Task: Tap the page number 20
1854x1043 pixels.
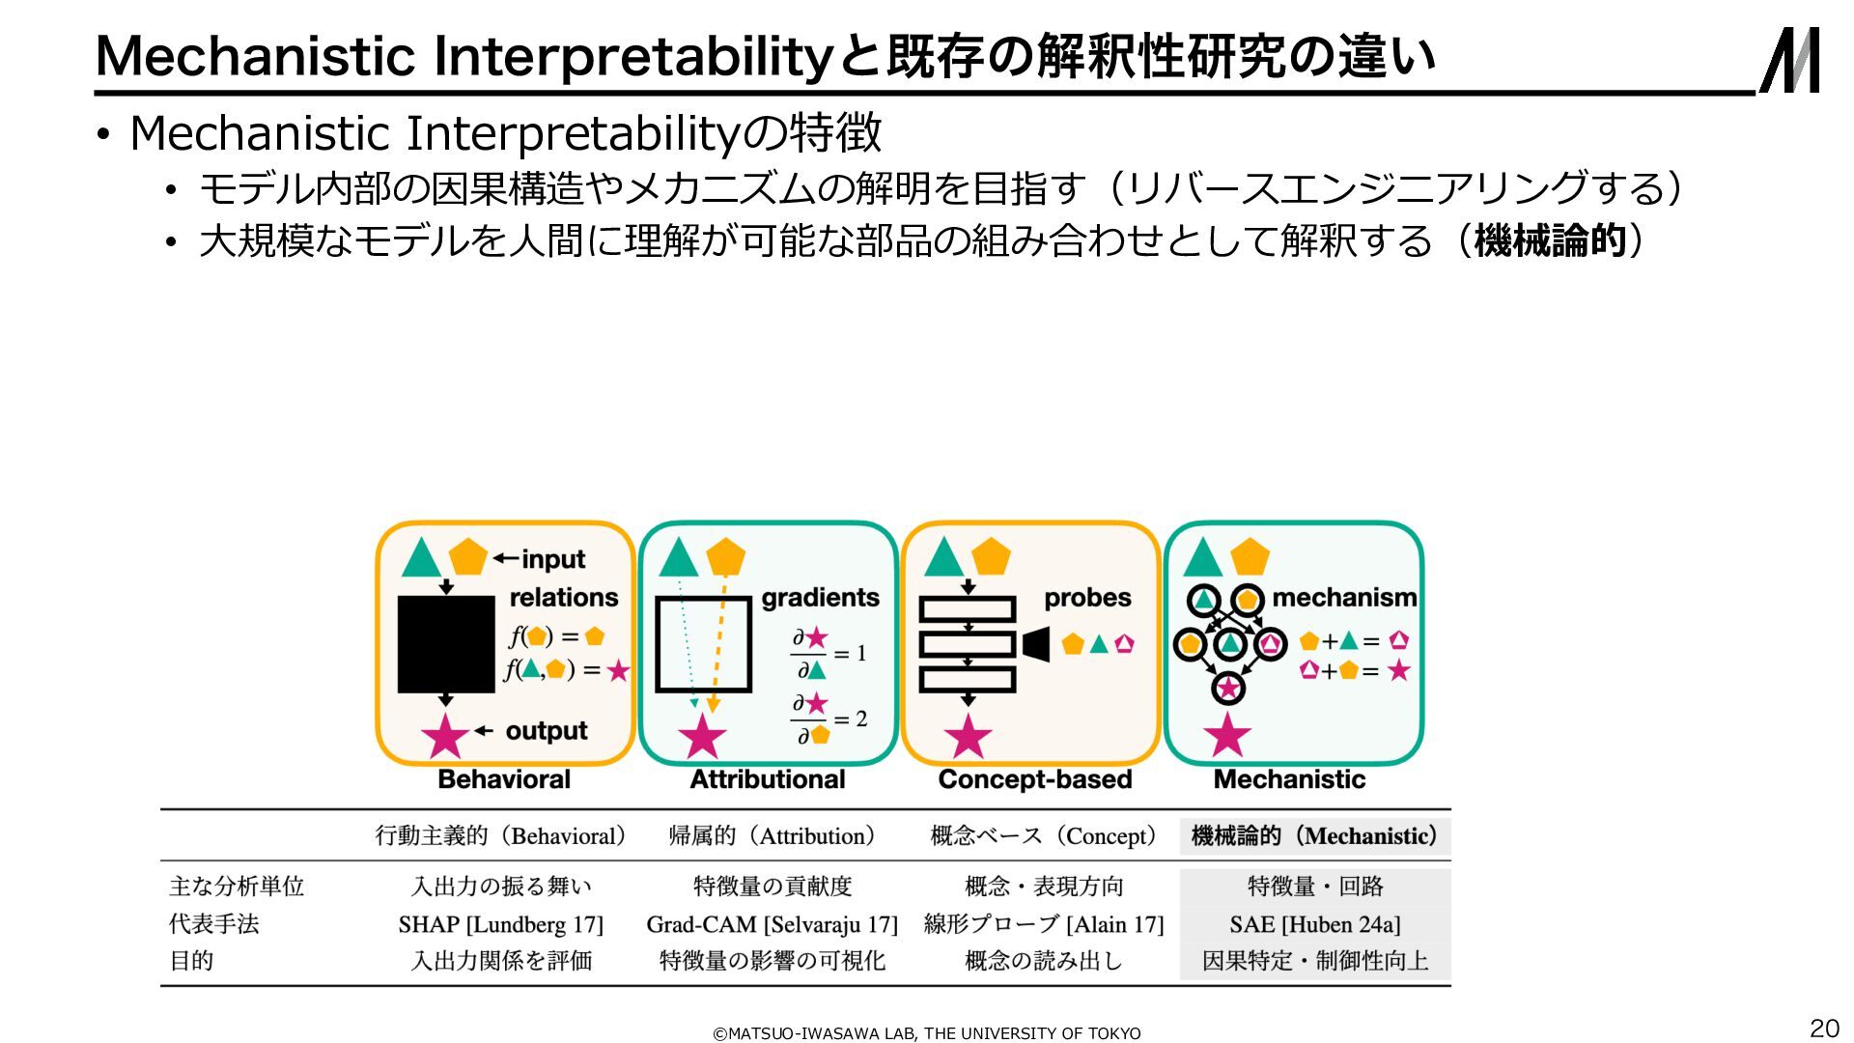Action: pyautogui.click(x=1823, y=1028)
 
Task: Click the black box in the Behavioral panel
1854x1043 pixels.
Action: pyautogui.click(x=446, y=644)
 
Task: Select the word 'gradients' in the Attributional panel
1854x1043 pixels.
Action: pyautogui.click(x=820, y=598)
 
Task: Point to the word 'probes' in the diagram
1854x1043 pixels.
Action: pyautogui.click(x=1087, y=598)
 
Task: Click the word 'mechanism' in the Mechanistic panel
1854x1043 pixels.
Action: pyautogui.click(x=1344, y=598)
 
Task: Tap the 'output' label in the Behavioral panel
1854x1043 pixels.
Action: pyautogui.click(x=546, y=731)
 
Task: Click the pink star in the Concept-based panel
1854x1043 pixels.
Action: pyautogui.click(x=968, y=737)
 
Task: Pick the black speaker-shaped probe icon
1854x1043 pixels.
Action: pyautogui.click(x=1035, y=644)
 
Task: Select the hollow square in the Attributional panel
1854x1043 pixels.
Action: pyautogui.click(x=703, y=644)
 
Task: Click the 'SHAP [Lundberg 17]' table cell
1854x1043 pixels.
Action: pyautogui.click(x=500, y=924)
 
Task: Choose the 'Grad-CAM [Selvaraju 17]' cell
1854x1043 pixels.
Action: pyautogui.click(x=772, y=924)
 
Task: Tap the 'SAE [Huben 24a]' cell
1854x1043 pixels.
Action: pyautogui.click(x=1314, y=924)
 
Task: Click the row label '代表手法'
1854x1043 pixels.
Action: pyautogui.click(x=214, y=924)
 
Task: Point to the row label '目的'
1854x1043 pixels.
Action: pyautogui.click(x=191, y=961)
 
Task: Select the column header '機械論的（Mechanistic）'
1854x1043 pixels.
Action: pyautogui.click(x=1314, y=836)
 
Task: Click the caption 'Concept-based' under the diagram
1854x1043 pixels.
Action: pyautogui.click(x=1034, y=779)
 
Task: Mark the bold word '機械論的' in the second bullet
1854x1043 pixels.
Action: pyautogui.click(x=1550, y=240)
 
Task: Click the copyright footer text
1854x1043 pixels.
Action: pyautogui.click(x=926, y=1033)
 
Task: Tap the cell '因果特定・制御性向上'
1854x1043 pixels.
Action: pyautogui.click(x=1314, y=961)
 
